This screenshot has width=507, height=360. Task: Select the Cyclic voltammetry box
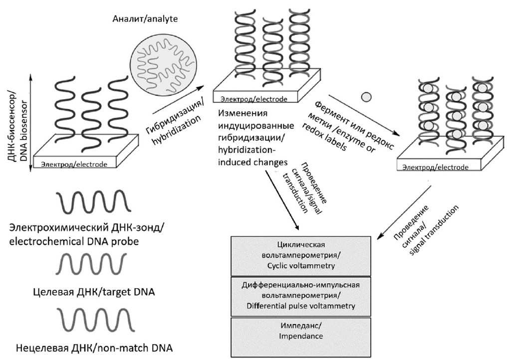[301, 254]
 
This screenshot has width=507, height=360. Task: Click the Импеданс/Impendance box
[301, 333]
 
